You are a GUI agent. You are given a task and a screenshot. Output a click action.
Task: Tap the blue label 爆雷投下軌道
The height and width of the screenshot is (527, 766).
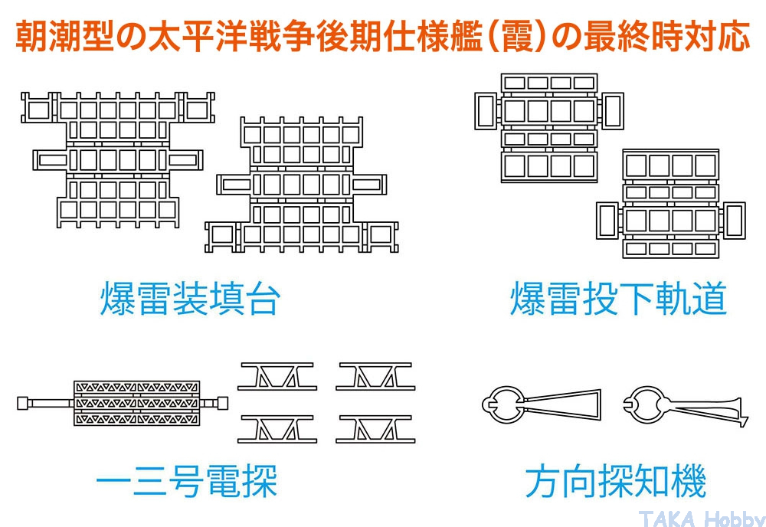click(617, 300)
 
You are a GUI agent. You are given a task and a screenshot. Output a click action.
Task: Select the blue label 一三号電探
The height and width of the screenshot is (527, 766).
click(187, 483)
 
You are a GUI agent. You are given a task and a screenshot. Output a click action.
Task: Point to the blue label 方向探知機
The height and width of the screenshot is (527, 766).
click(615, 483)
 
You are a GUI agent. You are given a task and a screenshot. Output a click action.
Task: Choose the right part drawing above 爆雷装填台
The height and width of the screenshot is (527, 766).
click(302, 185)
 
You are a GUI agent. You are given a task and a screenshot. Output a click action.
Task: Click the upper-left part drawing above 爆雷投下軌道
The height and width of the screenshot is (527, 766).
click(548, 127)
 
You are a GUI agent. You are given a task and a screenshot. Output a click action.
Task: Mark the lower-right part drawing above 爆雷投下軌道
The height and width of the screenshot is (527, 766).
click(670, 203)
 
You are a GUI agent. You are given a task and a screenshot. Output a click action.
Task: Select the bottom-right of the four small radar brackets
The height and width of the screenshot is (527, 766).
click(375, 428)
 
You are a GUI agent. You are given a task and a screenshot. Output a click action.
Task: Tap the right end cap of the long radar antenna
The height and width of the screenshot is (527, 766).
click(223, 402)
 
